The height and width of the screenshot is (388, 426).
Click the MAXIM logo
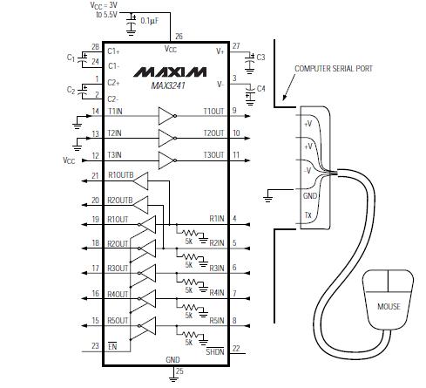coord(170,72)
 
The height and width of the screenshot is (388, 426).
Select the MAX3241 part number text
coord(168,85)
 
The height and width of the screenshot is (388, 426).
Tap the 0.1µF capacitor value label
coord(150,21)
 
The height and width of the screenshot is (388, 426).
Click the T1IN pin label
coord(115,112)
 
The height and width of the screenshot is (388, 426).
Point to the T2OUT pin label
coord(213,133)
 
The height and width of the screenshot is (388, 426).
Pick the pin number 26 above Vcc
coord(179,37)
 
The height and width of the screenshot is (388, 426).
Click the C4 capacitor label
coord(261,88)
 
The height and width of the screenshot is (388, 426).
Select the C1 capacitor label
coord(71,58)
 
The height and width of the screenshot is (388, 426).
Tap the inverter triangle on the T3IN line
coord(167,160)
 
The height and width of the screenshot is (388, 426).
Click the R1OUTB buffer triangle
coord(140,181)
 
